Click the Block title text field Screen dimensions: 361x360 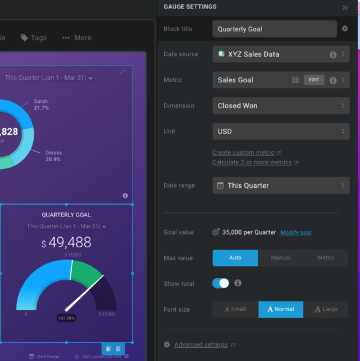pos(274,29)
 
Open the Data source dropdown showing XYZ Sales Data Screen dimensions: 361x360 pos(281,54)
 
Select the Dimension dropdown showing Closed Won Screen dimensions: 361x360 pos(281,106)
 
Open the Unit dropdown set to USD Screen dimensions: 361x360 pos(281,131)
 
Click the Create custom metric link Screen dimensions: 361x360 pos(243,153)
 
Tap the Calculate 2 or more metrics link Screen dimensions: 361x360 pos(252,162)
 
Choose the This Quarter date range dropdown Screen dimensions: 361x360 pos(281,185)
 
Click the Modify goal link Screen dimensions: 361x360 pos(296,232)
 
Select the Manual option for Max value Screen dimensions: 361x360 pos(281,258)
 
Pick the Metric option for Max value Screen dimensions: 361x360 pos(326,258)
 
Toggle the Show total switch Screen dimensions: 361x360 pos(221,283)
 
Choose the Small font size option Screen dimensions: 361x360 pos(235,309)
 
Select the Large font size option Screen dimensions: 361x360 pos(326,309)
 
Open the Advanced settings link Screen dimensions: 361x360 pos(200,345)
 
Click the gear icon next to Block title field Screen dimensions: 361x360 pos(345,28)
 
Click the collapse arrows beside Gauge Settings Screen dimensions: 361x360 pos(345,7)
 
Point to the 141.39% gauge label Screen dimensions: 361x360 pos(66,318)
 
